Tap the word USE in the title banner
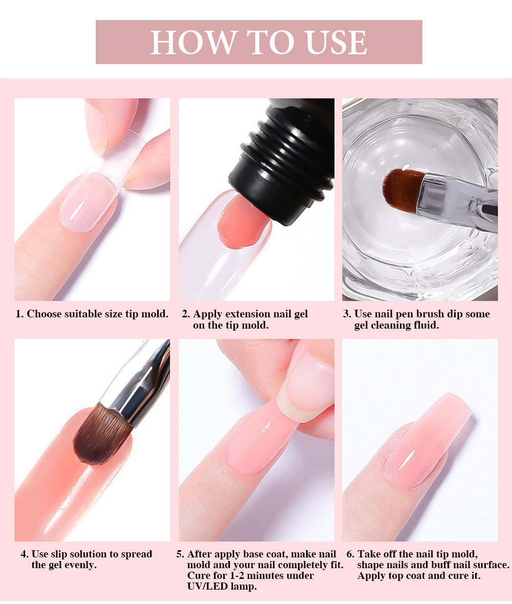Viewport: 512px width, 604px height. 336,42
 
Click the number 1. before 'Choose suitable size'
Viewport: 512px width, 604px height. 19,314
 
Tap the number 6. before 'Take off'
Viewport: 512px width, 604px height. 350,554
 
